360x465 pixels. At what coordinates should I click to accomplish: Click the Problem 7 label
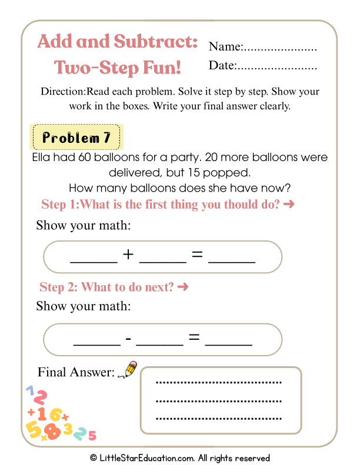(76, 138)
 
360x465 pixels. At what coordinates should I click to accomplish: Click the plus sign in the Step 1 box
(128, 255)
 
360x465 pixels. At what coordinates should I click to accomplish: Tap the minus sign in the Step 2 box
(128, 339)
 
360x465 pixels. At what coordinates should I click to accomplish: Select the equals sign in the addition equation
(197, 255)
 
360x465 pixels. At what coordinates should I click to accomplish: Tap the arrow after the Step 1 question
(288, 205)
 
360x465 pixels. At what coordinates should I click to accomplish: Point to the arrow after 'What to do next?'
(183, 287)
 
